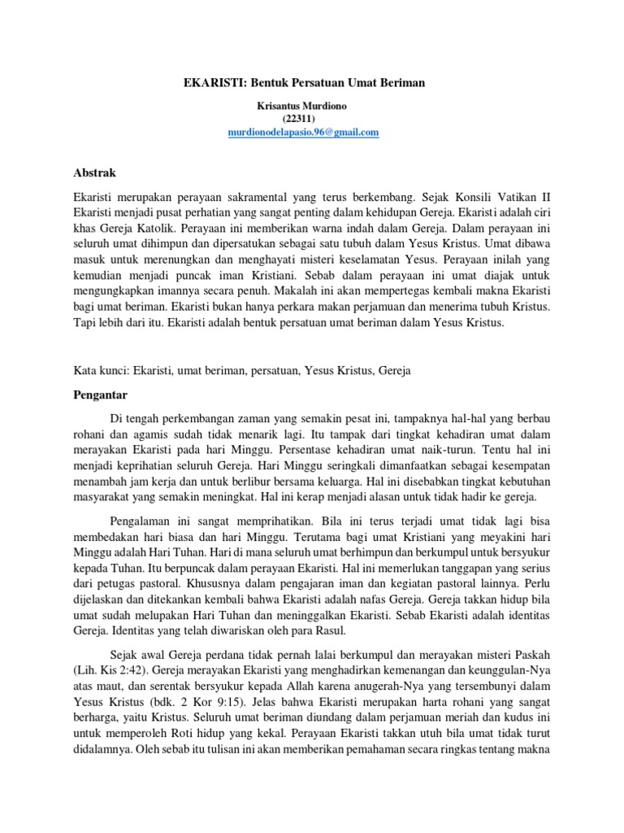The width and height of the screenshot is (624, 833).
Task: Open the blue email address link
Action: tap(303, 133)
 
